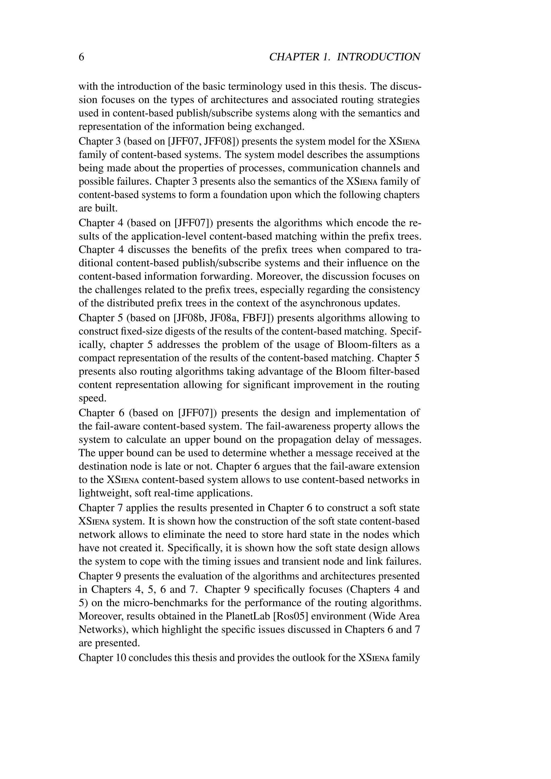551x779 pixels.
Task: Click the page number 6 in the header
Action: [x=82, y=57]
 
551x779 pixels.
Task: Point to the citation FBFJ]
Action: [x=256, y=318]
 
